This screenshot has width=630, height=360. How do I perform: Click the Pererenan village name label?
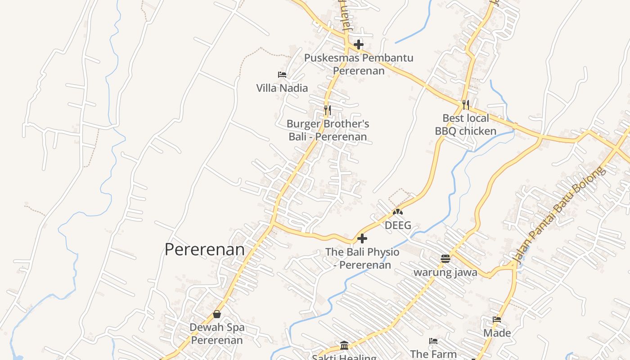204,249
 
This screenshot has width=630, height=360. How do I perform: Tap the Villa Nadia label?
282,88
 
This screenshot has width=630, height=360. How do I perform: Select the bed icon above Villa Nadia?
282,74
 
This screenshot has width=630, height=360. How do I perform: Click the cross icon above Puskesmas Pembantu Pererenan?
359,45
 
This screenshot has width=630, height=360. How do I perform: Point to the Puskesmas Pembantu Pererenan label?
359,64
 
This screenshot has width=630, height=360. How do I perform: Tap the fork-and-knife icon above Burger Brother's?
328,109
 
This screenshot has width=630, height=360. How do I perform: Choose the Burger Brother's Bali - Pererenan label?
328,130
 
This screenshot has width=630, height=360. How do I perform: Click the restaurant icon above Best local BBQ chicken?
466,105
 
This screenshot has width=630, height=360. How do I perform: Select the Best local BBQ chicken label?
466,125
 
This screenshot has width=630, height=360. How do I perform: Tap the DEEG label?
398,225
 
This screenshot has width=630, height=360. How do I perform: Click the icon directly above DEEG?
398,211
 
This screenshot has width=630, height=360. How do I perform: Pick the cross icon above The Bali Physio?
362,238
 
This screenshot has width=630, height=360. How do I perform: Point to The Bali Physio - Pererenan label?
362,258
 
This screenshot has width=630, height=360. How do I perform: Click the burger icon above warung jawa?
445,258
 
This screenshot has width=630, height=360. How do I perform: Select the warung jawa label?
445,272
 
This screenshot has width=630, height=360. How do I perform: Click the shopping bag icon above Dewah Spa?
217,314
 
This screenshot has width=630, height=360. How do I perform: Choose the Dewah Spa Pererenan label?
217,333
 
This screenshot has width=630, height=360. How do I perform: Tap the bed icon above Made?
497,319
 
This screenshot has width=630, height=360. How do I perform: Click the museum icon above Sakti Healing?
344,345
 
